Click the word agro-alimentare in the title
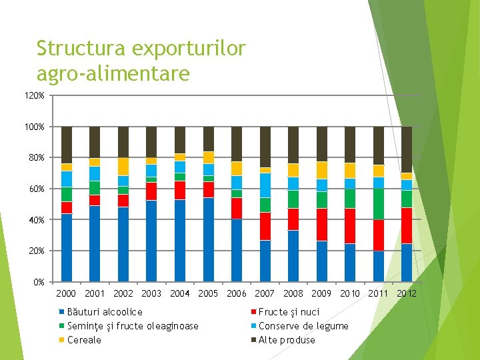tap(113, 73)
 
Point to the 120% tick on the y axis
tap(37, 96)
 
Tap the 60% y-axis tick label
tap(38, 189)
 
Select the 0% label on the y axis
tap(40, 282)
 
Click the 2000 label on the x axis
tap(67, 293)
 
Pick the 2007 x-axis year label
tap(265, 293)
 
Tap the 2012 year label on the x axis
tap(406, 293)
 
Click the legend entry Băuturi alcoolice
tap(105, 312)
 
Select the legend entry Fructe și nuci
tap(289, 312)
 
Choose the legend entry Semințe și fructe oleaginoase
tap(133, 326)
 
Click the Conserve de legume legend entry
tap(303, 326)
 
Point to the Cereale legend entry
tap(85, 340)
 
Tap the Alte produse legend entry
tap(287, 340)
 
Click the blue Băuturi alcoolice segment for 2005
tap(208, 239)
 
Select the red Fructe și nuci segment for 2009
tap(321, 225)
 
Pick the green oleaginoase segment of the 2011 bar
tap(378, 204)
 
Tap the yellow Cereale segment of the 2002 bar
tap(123, 166)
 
